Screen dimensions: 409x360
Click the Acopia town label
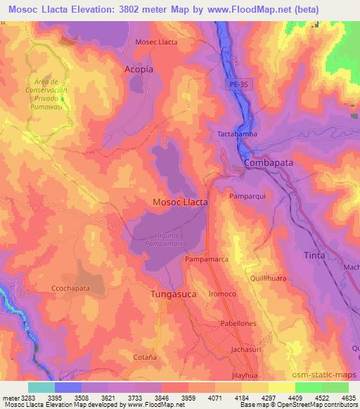139,70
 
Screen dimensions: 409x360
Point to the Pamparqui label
246,197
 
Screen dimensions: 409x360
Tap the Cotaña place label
145,357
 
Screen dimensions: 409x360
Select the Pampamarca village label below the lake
206,259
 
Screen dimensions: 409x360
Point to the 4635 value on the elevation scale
347,397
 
